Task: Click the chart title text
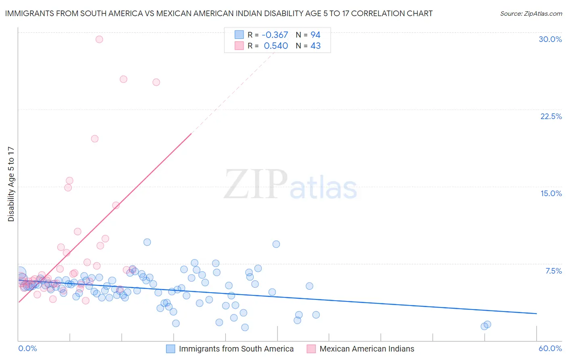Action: [219, 13]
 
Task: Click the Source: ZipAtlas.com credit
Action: [531, 13]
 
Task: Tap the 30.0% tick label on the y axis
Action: [550, 39]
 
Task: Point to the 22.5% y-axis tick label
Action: [551, 116]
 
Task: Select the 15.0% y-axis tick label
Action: [551, 193]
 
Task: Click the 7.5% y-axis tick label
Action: [553, 271]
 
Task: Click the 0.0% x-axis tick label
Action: [27, 348]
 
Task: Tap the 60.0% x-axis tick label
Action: [550, 348]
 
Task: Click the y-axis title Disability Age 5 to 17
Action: [11, 184]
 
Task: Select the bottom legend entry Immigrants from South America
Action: [236, 349]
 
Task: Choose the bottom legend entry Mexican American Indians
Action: [367, 349]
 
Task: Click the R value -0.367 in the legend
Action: [275, 35]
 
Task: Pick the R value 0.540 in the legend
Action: [276, 46]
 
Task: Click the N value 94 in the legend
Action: [315, 35]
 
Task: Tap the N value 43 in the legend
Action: [315, 46]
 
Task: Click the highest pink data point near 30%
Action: [99, 39]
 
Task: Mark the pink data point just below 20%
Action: [95, 138]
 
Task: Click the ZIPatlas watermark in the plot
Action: [290, 185]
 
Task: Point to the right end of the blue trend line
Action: [536, 313]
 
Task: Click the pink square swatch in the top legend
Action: [239, 46]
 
